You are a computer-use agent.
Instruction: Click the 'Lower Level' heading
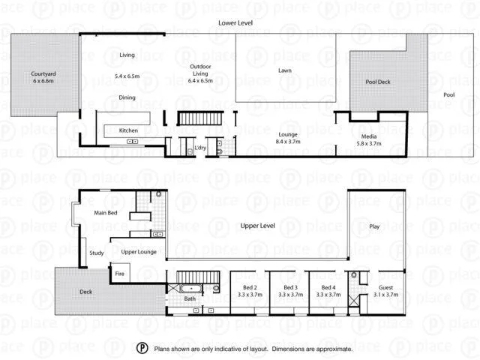coord(235,23)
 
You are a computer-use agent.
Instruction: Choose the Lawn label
coord(285,70)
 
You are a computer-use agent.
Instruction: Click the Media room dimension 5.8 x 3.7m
coord(368,142)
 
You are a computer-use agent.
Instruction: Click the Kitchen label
coord(129,130)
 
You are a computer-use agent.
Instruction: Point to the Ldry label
coord(200,148)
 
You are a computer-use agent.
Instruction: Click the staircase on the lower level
coord(200,118)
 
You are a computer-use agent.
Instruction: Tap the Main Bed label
coord(105,212)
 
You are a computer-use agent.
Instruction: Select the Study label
coord(97,253)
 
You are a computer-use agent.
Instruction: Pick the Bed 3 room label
coord(289,295)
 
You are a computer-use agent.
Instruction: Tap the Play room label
coord(374,226)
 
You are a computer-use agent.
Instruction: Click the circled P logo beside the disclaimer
coord(142,349)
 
